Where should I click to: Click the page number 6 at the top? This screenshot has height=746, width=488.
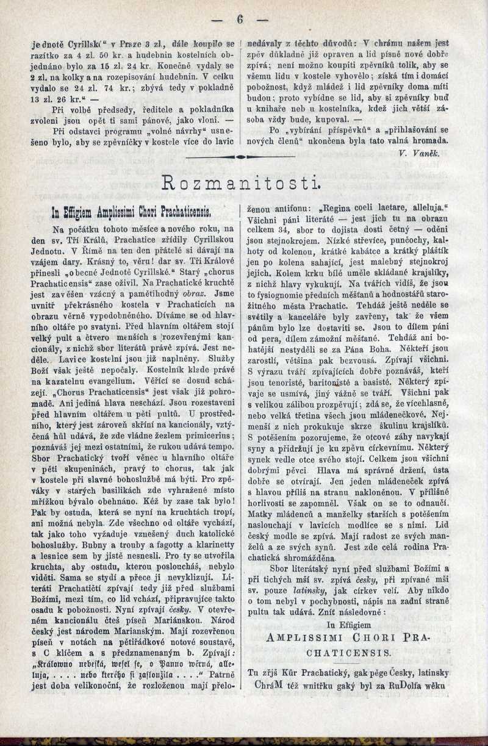(x=240, y=19)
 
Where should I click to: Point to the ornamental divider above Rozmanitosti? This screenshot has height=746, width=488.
(x=240, y=157)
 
